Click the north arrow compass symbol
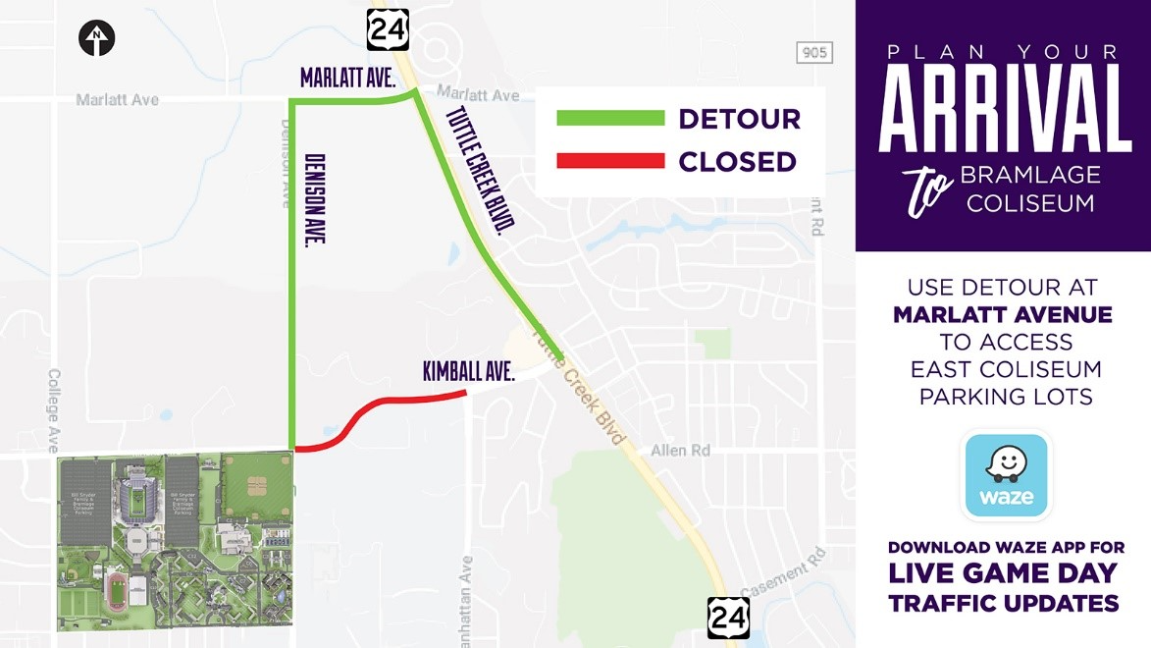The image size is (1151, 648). (97, 39)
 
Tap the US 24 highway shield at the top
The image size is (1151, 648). (388, 30)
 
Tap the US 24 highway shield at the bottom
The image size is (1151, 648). (728, 617)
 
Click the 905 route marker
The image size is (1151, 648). (813, 53)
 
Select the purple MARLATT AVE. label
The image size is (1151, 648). (347, 79)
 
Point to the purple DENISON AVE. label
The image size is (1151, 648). (315, 198)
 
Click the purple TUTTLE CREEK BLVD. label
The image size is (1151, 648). (481, 170)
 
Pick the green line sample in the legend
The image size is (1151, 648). (610, 119)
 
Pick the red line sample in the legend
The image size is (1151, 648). (610, 161)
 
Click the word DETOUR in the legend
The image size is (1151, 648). (739, 119)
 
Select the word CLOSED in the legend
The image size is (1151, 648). (737, 161)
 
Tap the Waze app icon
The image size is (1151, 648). (1007, 476)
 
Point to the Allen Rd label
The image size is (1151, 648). (680, 451)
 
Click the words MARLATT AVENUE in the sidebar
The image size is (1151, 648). (1003, 315)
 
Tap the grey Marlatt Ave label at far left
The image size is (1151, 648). (118, 100)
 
